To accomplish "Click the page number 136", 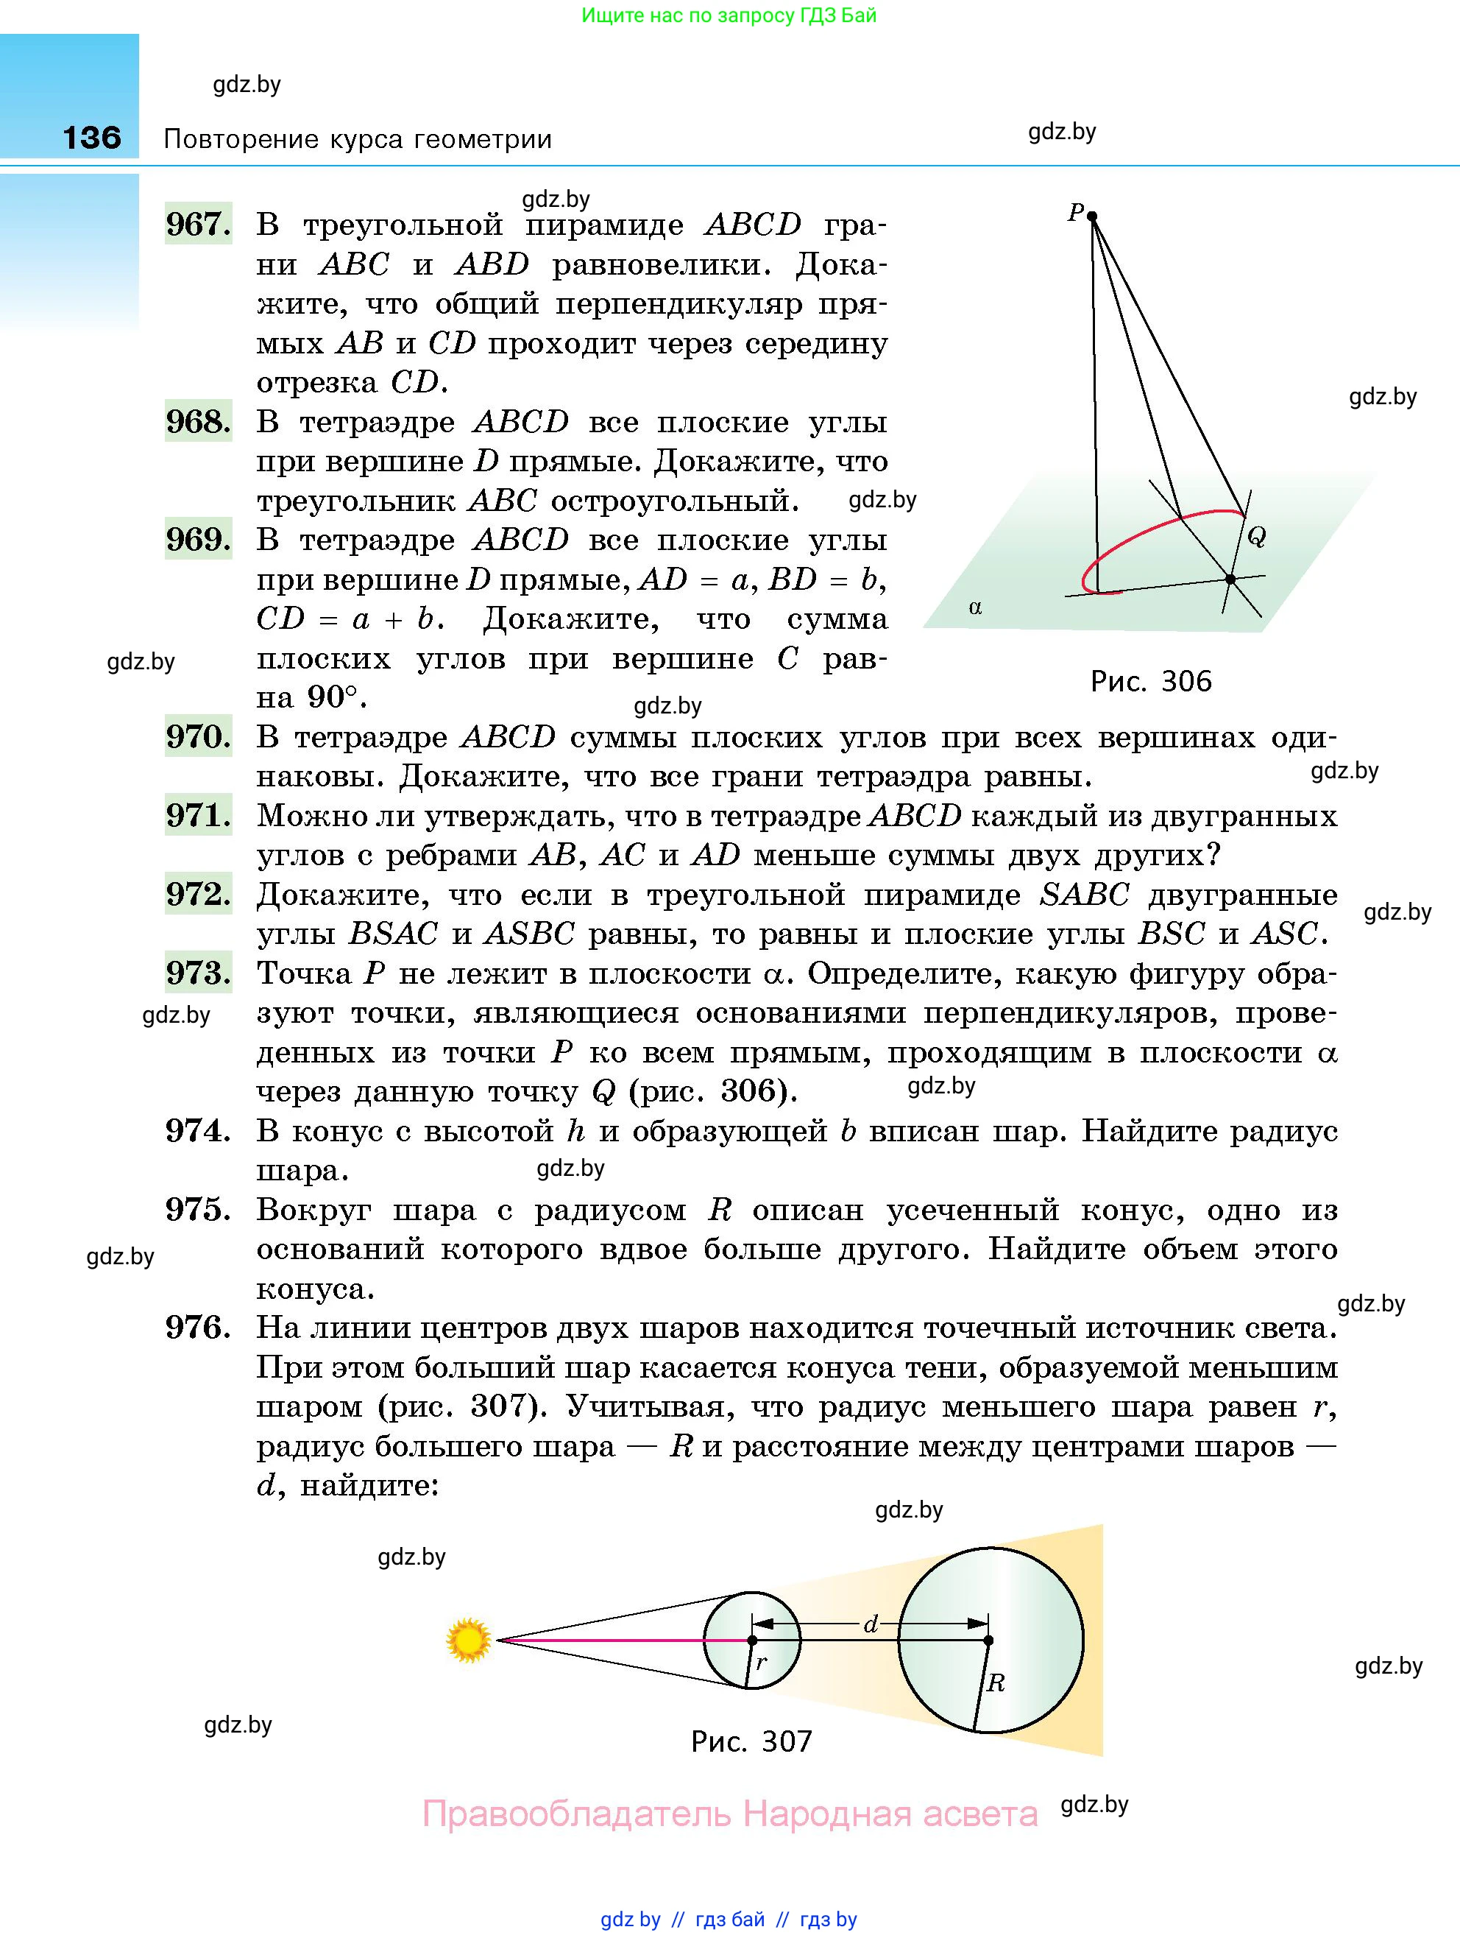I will pos(92,138).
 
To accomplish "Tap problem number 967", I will pos(198,225).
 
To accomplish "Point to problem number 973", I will pos(198,973).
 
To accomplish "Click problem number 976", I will pos(198,1328).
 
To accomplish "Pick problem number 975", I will pos(198,1209).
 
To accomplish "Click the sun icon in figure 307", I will pos(468,1639).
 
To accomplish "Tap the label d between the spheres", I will pos(871,1624).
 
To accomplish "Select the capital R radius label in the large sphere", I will pos(996,1682).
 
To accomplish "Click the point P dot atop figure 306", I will pos(1092,216).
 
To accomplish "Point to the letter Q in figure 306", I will pos(1256,536).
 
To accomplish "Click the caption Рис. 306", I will pos(1150,681).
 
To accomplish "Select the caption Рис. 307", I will pos(751,1741).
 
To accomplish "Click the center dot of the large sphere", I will pos(989,1640).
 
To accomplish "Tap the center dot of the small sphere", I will pos(751,1640).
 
